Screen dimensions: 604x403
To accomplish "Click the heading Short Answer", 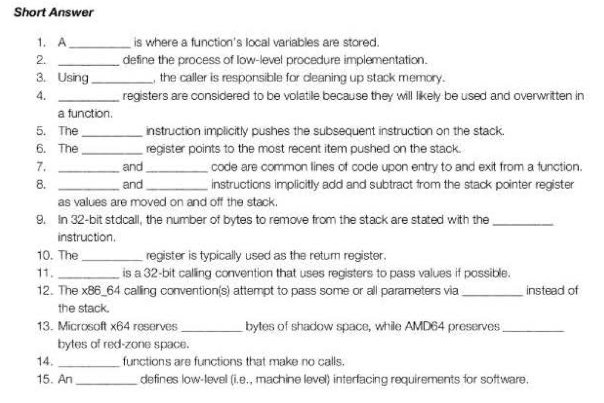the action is tap(54, 12).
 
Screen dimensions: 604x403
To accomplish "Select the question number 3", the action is tap(41, 77).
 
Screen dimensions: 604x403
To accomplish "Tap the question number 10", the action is tap(44, 256).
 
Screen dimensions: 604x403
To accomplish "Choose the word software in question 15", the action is tap(505, 380).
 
